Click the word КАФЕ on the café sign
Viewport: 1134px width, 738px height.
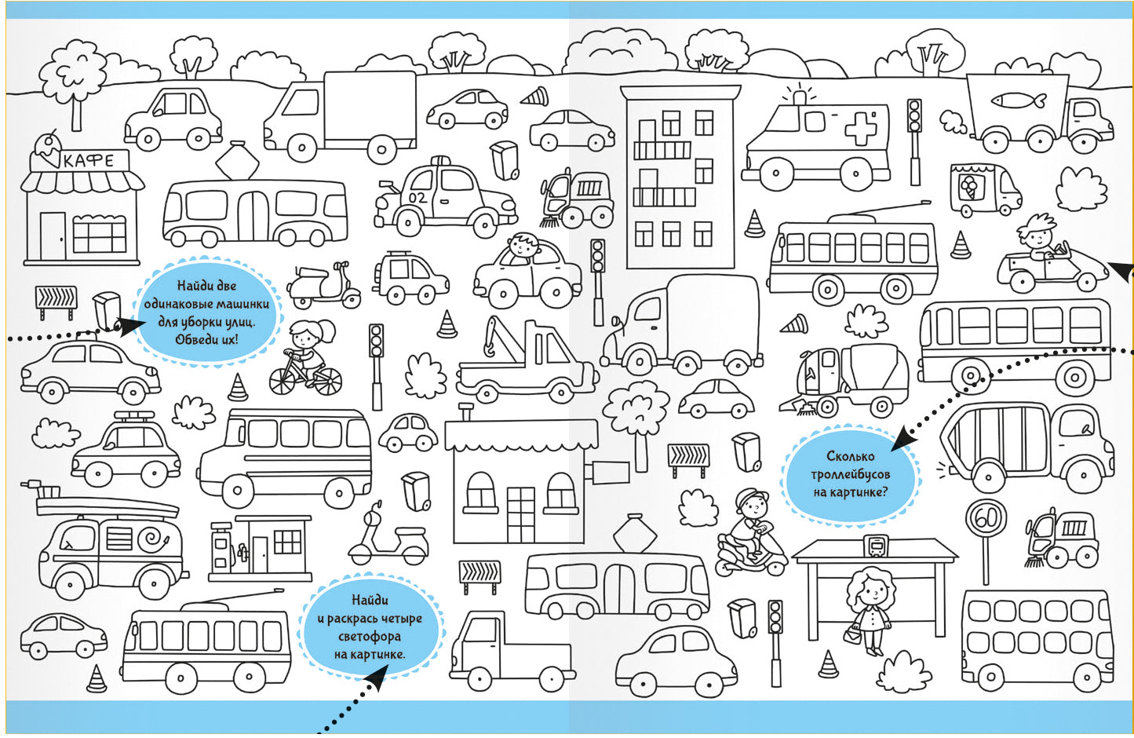pyautogui.click(x=88, y=161)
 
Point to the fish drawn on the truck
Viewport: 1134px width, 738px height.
pyautogui.click(x=1019, y=100)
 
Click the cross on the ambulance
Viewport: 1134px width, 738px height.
pyautogui.click(x=860, y=128)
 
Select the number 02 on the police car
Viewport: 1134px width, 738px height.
pyautogui.click(x=418, y=198)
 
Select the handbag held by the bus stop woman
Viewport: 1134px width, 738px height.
pyautogui.click(x=853, y=634)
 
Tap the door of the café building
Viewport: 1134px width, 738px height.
pyautogui.click(x=53, y=236)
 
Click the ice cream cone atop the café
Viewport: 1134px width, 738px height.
pyautogui.click(x=49, y=147)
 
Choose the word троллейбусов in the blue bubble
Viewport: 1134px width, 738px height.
pyautogui.click(x=851, y=474)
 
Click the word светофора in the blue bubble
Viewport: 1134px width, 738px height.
pyautogui.click(x=370, y=637)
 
